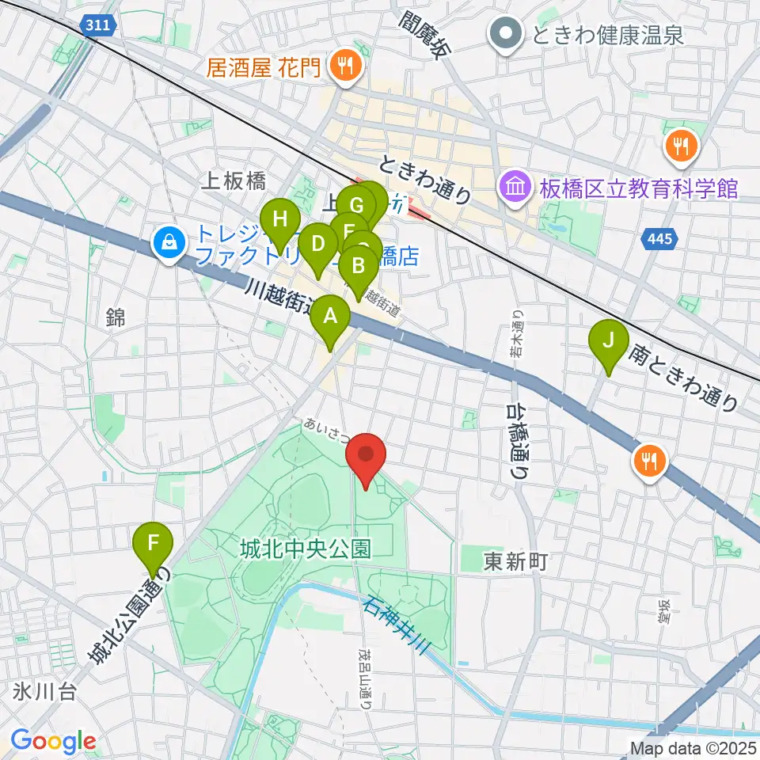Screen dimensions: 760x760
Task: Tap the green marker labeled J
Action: click(609, 341)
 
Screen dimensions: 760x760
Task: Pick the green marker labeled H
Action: click(279, 219)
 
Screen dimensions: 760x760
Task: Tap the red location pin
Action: click(366, 456)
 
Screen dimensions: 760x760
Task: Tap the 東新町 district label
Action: click(516, 563)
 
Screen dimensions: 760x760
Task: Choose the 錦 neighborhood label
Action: click(116, 317)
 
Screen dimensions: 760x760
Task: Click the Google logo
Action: click(53, 741)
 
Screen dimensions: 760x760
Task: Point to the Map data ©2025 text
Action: click(692, 747)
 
